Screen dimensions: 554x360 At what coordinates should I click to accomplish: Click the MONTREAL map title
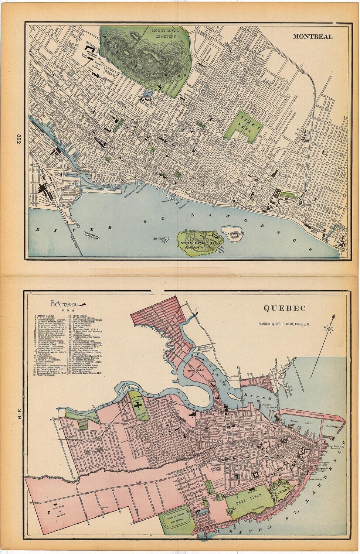click(x=312, y=37)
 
